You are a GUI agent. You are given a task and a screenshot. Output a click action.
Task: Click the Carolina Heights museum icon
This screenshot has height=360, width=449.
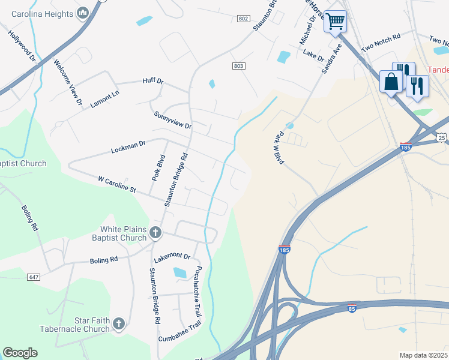tap(83, 12)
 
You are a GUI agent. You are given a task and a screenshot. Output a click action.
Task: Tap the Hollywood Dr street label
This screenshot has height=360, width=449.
tap(23, 45)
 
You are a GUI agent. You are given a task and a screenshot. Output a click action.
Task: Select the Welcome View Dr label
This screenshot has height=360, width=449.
tap(67, 82)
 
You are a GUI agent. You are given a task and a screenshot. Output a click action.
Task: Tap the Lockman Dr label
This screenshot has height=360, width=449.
tap(128, 147)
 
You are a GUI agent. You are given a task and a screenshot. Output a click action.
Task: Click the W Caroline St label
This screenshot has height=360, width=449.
tap(117, 183)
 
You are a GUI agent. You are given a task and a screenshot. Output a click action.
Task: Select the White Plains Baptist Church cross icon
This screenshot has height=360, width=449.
tap(155, 232)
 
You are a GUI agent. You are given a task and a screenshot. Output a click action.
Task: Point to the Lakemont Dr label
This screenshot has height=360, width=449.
tap(172, 258)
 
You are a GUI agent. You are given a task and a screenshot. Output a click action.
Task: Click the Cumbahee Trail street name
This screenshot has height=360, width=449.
tap(179, 337)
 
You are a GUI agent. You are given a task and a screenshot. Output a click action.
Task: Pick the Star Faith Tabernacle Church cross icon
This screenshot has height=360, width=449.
tap(118, 325)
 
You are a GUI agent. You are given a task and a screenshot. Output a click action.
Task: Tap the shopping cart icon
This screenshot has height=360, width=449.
tap(335, 22)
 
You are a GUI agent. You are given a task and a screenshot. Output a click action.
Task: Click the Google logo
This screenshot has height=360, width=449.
tap(20, 353)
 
